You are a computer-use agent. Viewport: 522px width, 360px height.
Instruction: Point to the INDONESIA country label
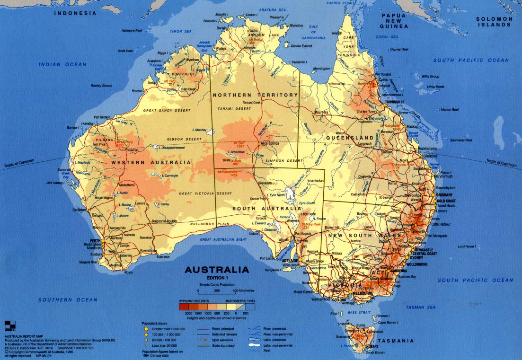pyautogui.click(x=75, y=13)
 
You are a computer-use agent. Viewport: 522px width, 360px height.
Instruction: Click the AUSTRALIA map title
pyautogui.click(x=216, y=270)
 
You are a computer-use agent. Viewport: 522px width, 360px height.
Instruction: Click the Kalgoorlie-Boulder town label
pyautogui.click(x=165, y=221)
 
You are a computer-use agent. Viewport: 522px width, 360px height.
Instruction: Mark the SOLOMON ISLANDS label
pyautogui.click(x=495, y=22)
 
